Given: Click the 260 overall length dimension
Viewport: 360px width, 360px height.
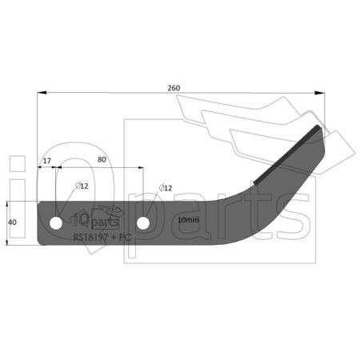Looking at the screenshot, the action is point(174,88).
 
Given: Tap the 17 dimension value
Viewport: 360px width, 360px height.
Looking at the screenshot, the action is point(47,161).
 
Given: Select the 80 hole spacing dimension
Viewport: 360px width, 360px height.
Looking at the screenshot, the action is point(102,159).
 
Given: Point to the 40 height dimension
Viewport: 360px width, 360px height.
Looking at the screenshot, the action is point(13,222).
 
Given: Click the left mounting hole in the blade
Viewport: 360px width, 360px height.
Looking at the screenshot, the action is point(56,223).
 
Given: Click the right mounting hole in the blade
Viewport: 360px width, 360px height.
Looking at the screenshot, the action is point(143,223).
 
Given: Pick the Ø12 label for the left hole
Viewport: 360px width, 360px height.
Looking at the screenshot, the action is point(82,186).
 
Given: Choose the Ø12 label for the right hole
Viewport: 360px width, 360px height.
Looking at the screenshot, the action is point(166,188).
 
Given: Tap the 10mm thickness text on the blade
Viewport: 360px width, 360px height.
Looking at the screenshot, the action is point(188,220).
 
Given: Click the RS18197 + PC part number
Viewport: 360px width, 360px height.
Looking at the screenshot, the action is point(102,237).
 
